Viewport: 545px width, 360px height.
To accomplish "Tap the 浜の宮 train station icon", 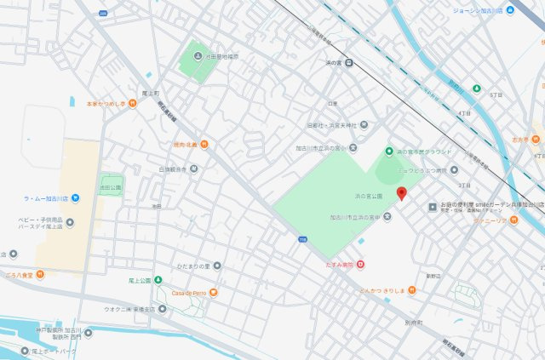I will click(348, 61).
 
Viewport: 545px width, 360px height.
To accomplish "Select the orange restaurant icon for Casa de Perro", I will click(213, 293).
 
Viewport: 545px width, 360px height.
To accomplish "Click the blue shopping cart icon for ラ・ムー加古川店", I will click(76, 198).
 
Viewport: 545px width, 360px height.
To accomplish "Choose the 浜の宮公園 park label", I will click(368, 196).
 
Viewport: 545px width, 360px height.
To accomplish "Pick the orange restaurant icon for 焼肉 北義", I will click(204, 145).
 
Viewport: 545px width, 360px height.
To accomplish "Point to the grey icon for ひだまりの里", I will click(217, 266).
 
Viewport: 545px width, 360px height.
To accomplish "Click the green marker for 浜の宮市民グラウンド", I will click(389, 151).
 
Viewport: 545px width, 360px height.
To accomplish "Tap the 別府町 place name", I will click(414, 323).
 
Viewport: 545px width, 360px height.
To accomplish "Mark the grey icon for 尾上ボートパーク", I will click(25, 351).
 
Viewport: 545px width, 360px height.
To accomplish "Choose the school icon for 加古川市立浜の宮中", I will click(388, 217).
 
